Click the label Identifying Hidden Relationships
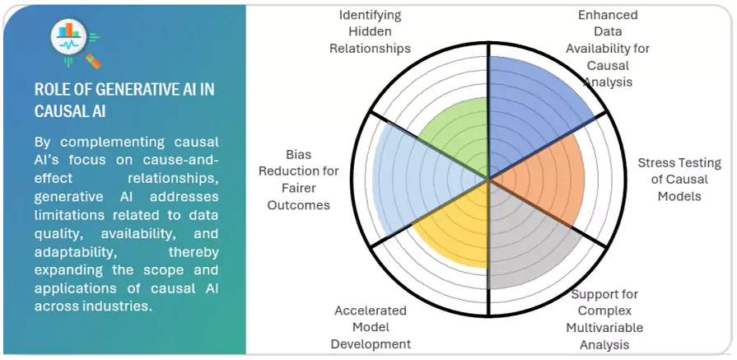370,31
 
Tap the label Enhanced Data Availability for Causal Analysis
607,49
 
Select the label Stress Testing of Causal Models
679,179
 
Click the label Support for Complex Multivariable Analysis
604,318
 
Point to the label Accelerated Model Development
371,327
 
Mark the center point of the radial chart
489,178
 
